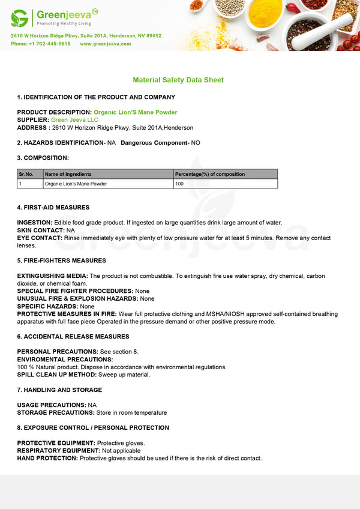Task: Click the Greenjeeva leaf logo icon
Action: coord(20,17)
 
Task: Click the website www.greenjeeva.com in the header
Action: coord(105,44)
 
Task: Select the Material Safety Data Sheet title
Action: coord(178,80)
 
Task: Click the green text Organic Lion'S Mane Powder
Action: coord(136,112)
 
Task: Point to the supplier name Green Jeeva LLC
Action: coord(74,120)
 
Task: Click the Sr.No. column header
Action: coord(26,174)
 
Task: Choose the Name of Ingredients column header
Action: coord(68,174)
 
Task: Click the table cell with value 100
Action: coord(179,184)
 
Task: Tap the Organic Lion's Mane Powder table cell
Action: coord(76,184)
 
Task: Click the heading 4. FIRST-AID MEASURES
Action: coord(53,208)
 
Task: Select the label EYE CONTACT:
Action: coord(40,238)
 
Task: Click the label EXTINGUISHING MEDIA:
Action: coord(52,276)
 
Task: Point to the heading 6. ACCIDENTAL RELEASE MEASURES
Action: coord(73,337)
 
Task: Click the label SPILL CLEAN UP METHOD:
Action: coord(57,375)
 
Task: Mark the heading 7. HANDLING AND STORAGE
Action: coord(59,390)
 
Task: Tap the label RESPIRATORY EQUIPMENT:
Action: coord(58,451)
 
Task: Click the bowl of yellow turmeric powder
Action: coord(265,13)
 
